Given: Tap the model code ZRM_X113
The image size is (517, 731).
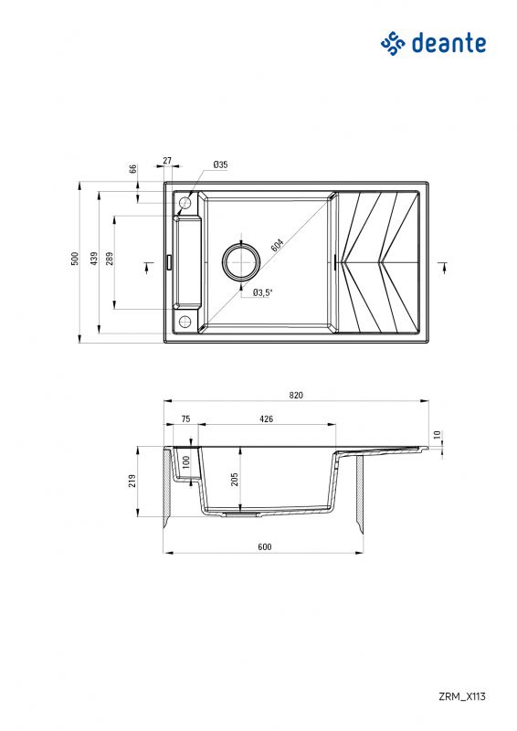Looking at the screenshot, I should pos(463,696).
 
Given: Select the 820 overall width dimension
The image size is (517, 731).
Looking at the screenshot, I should pos(295,396).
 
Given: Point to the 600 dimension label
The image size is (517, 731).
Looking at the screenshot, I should pos(264,546).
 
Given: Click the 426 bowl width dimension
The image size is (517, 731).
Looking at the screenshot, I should pos(267,418).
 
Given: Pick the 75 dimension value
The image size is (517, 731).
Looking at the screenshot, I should pos(185,418).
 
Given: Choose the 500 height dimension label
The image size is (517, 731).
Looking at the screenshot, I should pos(76,260).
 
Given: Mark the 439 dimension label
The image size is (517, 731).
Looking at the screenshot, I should pos(93,260).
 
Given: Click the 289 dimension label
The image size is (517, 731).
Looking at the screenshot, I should pos(110,260).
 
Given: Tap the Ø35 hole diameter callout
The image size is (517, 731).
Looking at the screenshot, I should pos(220,164).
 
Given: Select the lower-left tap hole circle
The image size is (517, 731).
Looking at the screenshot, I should pos(185,321).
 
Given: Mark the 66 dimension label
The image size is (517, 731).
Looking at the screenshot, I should pos(132,168).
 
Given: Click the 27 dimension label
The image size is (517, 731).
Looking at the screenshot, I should pos(167,161).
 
